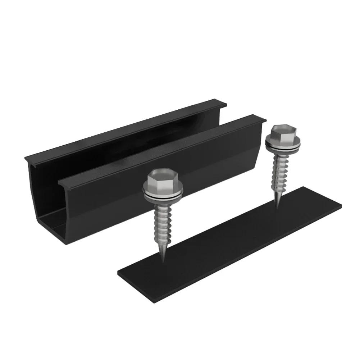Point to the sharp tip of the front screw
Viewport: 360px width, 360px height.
coord(164,261)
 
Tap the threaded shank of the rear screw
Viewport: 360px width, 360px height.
coord(279,173)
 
